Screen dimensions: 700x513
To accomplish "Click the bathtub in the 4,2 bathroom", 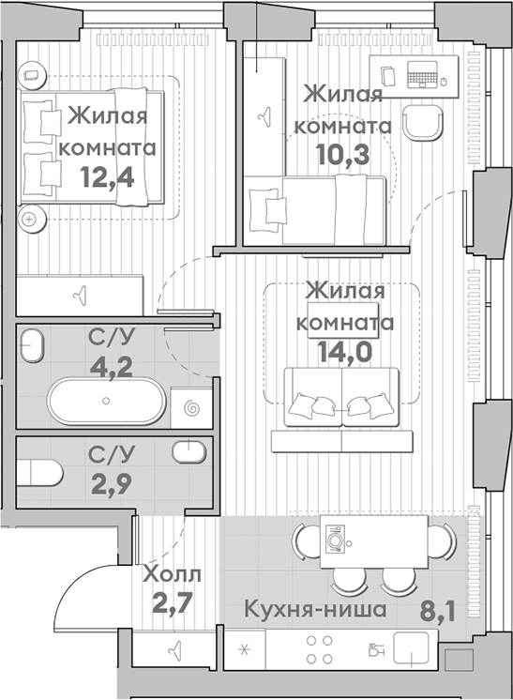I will tap(105, 402).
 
